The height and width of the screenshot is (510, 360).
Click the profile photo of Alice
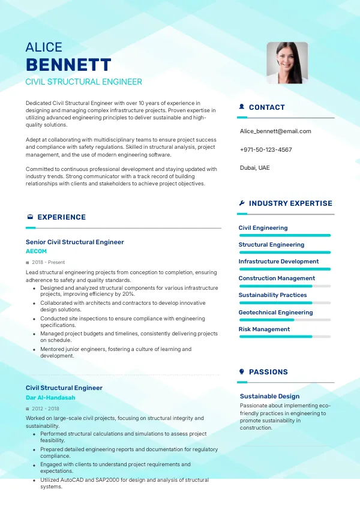coord(287,62)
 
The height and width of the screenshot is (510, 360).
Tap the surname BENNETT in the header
coord(68,65)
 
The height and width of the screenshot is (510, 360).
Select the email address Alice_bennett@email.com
coord(275,131)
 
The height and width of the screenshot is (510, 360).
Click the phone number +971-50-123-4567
coord(266,149)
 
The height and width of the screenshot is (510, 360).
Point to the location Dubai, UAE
coord(255,167)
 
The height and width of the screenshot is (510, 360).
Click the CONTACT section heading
coord(266,107)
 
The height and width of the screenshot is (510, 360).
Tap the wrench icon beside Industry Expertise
coord(242,203)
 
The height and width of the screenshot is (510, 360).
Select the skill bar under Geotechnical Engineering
coord(285,320)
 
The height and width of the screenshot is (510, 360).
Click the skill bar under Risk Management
coord(285,337)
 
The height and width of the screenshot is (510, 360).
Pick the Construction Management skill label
coord(277,278)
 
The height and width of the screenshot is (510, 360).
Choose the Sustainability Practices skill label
coord(272,295)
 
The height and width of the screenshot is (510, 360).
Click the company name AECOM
coord(36,251)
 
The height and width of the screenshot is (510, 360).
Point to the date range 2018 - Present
coord(48,262)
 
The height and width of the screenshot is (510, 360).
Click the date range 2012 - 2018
coord(46,409)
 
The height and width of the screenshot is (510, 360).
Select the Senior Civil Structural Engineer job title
coord(75,242)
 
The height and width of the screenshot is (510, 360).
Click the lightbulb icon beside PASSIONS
coord(242,372)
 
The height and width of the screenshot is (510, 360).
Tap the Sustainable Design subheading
coord(269,396)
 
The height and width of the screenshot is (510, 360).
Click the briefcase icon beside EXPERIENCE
coord(30,217)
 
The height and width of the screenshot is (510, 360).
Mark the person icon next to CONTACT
coord(242,107)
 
